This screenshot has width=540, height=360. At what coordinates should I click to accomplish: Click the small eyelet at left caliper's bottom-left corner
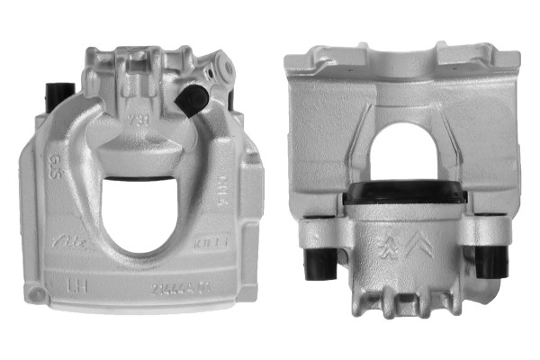[x=33, y=294]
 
